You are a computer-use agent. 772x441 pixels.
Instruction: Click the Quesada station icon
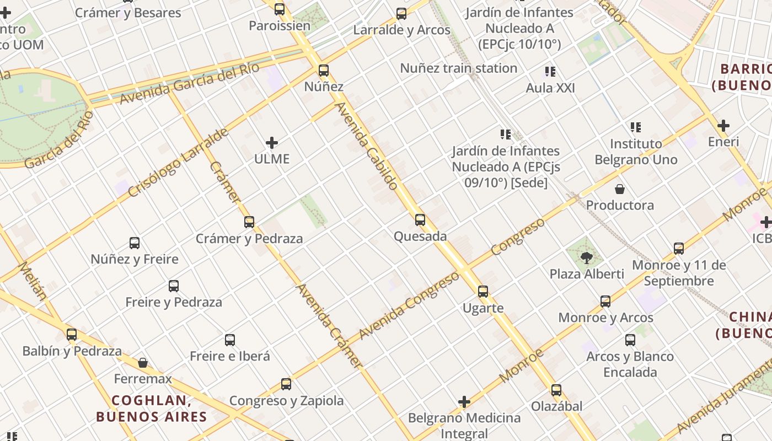(x=420, y=220)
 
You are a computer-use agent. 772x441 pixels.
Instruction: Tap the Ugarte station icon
(x=483, y=292)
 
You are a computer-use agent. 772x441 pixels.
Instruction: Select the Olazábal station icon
(x=556, y=390)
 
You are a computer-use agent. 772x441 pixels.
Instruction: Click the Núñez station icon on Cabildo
(x=324, y=71)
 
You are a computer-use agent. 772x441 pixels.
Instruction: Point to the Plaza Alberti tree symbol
(x=587, y=257)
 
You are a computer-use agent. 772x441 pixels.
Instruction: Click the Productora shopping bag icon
(x=620, y=189)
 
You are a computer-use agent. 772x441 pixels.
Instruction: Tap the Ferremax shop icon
(x=143, y=363)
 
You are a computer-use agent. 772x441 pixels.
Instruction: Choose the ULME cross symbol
(x=272, y=143)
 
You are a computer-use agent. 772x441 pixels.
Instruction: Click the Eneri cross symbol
(x=723, y=126)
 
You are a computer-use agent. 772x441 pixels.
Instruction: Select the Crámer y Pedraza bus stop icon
(x=249, y=222)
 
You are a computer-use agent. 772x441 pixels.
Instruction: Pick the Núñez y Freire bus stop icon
(x=135, y=243)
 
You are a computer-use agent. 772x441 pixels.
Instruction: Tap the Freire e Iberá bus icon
(x=230, y=340)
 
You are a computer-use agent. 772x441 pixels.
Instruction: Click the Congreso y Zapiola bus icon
(x=286, y=384)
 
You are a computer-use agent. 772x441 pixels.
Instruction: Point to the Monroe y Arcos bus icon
(x=605, y=302)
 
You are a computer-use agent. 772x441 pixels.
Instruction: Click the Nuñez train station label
(x=458, y=68)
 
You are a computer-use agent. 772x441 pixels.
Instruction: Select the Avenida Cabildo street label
(x=367, y=146)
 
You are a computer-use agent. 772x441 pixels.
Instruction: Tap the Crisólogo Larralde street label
(x=178, y=163)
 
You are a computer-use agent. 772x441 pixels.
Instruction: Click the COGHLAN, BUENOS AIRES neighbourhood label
(x=151, y=408)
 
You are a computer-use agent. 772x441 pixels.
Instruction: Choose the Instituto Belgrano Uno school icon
(x=636, y=127)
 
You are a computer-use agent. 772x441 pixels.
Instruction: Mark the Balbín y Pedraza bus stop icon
(x=72, y=335)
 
